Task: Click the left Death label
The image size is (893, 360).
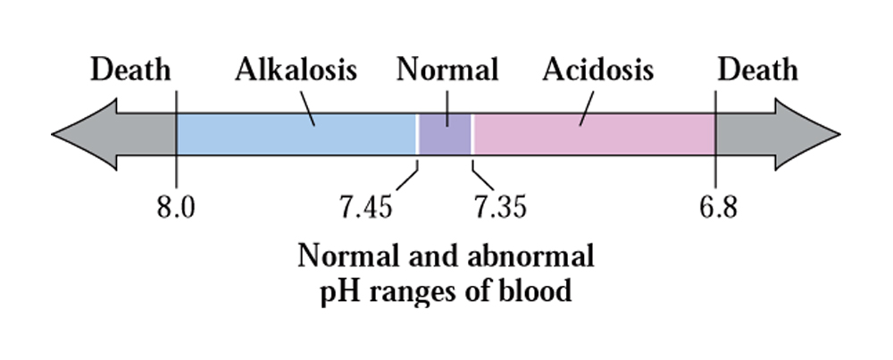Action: point(130,70)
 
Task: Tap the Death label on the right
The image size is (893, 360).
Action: point(757,70)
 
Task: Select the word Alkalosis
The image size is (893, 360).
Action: point(296,70)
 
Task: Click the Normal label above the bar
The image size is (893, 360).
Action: point(447,70)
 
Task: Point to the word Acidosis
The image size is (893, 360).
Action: point(597,70)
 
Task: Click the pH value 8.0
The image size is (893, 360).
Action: point(175,208)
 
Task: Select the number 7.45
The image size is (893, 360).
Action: point(365,208)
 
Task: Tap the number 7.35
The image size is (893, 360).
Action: point(500,208)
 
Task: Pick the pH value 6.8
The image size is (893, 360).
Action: point(718,208)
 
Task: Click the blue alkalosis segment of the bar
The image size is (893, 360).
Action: point(296,134)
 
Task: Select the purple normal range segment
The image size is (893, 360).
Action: point(446,134)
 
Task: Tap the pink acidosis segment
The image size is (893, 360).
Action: point(594,134)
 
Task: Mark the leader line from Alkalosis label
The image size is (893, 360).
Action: point(306,107)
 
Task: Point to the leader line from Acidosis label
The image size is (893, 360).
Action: point(587,107)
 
